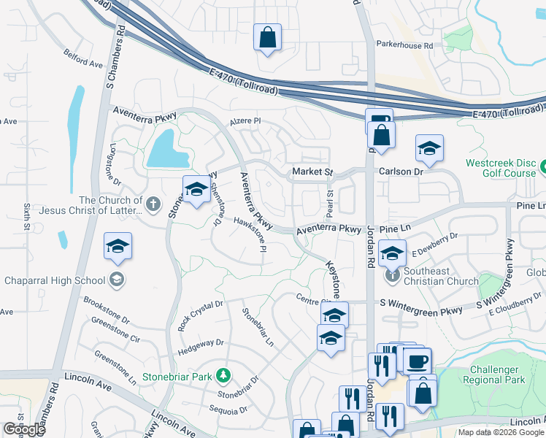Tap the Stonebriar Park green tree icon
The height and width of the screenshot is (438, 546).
tap(226, 377)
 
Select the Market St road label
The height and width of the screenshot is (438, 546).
tap(312, 172)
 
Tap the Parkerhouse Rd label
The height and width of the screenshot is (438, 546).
tap(404, 45)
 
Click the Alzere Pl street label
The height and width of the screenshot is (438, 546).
tap(245, 122)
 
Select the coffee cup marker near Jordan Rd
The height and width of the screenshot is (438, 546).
tap(417, 361)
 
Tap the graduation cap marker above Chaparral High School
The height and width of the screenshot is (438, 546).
tap(118, 246)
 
